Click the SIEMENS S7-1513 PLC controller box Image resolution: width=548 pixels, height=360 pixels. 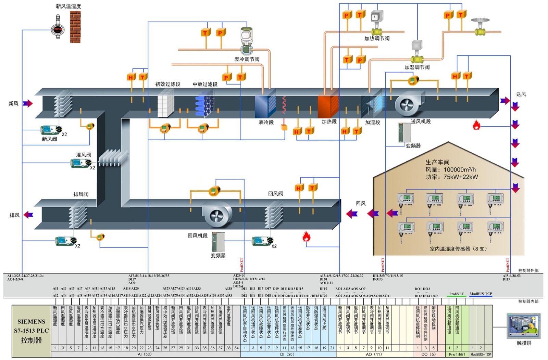tap(31, 331)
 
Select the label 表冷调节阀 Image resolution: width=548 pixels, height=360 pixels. tap(247, 59)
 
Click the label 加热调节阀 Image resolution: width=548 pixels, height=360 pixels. tap(377, 39)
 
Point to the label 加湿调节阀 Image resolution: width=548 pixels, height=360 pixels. tap(417, 67)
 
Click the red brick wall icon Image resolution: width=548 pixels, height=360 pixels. tap(75, 27)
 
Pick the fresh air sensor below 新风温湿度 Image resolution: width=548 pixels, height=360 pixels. tap(58, 30)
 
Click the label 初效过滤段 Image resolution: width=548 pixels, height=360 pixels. tap(167, 84)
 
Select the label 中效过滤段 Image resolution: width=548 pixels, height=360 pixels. tap(205, 84)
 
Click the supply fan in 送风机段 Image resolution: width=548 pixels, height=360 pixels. tap(408, 104)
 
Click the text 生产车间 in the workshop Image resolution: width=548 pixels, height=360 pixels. tap(437, 162)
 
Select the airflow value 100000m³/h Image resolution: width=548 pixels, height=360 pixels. tap(459, 170)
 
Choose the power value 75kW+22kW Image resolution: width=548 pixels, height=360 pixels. tap(460, 177)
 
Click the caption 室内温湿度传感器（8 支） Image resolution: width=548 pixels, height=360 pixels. tap(458, 249)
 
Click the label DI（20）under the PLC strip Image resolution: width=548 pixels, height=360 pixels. tap(288, 355)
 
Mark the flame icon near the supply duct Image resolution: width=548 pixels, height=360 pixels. tap(476, 125)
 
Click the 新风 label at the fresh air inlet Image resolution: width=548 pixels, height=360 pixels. tap(13, 103)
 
